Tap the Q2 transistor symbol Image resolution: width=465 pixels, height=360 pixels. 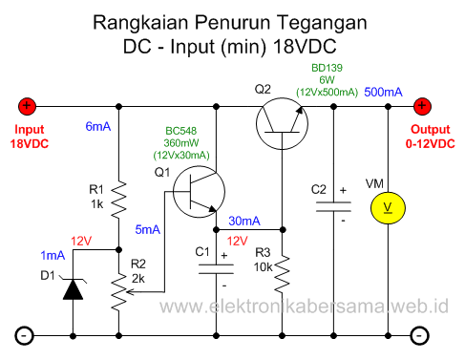(282, 121)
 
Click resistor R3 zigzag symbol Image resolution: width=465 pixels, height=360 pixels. (283, 275)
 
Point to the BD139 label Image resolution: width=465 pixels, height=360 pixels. (328, 68)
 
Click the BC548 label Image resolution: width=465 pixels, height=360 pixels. (181, 130)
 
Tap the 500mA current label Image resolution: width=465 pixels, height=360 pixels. (383, 91)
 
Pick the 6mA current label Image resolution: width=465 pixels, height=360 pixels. (99, 126)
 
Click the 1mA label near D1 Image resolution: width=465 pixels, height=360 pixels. (53, 256)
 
